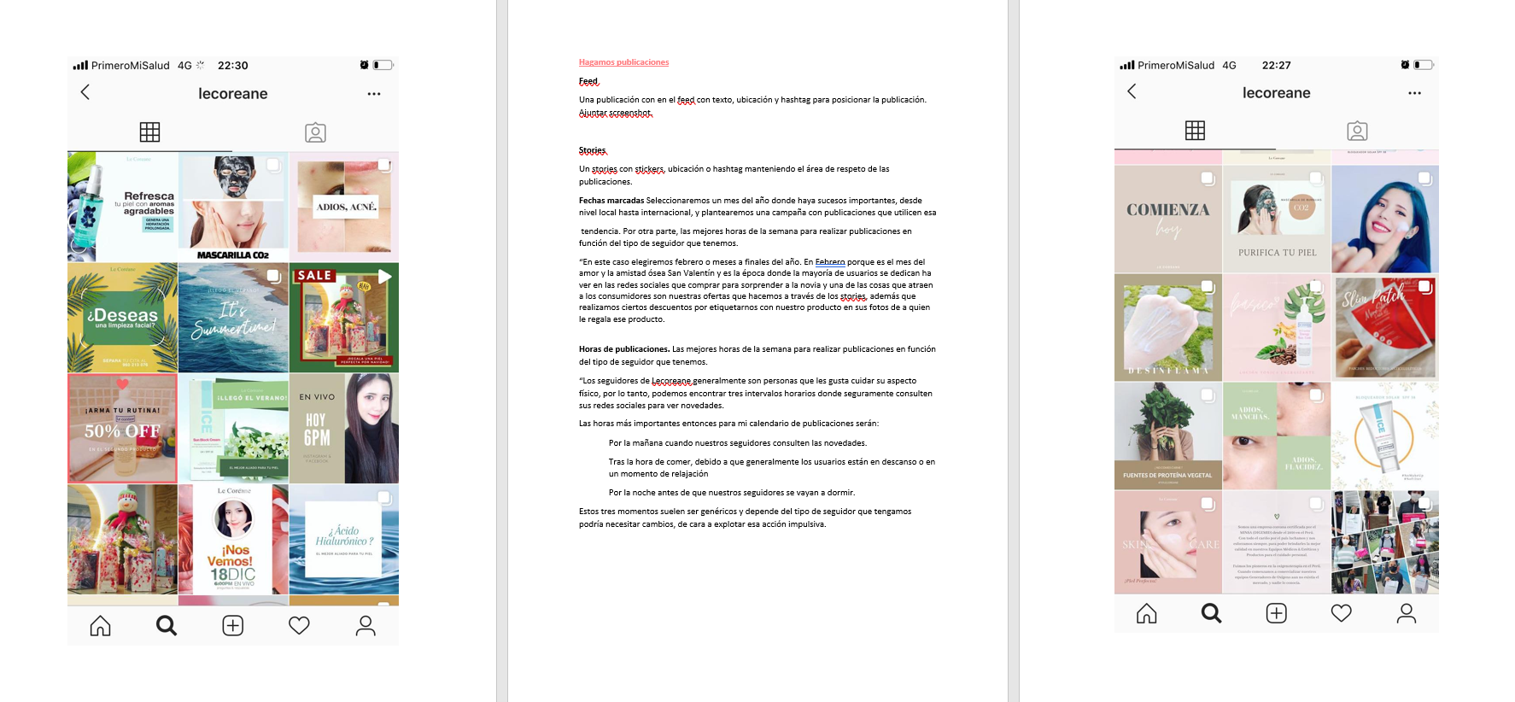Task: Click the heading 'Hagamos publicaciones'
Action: pyautogui.click(x=623, y=62)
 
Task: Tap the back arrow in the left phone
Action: pyautogui.click(x=85, y=92)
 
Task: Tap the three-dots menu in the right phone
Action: pyautogui.click(x=1414, y=93)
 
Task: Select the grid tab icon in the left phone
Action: pyautogui.click(x=149, y=132)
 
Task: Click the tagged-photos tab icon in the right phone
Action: pyautogui.click(x=1357, y=131)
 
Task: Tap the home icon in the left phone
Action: pyautogui.click(x=100, y=626)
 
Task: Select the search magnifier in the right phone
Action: pyautogui.click(x=1211, y=613)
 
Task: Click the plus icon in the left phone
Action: pyautogui.click(x=232, y=626)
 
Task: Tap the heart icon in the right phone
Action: pyautogui.click(x=1341, y=613)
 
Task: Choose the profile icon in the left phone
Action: pyautogui.click(x=366, y=626)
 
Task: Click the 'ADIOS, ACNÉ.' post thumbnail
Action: pyautogui.click(x=344, y=207)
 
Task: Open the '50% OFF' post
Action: pyautogui.click(x=122, y=429)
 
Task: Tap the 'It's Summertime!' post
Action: pyautogui.click(x=233, y=318)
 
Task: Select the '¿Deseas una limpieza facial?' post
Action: pyautogui.click(x=122, y=318)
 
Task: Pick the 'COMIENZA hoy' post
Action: pyautogui.click(x=1167, y=219)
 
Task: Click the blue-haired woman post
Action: pyautogui.click(x=1384, y=219)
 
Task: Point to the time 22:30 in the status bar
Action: pyautogui.click(x=232, y=66)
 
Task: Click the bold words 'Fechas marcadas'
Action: pyautogui.click(x=611, y=201)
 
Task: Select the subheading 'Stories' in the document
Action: pyautogui.click(x=592, y=150)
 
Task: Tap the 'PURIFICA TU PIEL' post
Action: pyautogui.click(x=1277, y=219)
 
